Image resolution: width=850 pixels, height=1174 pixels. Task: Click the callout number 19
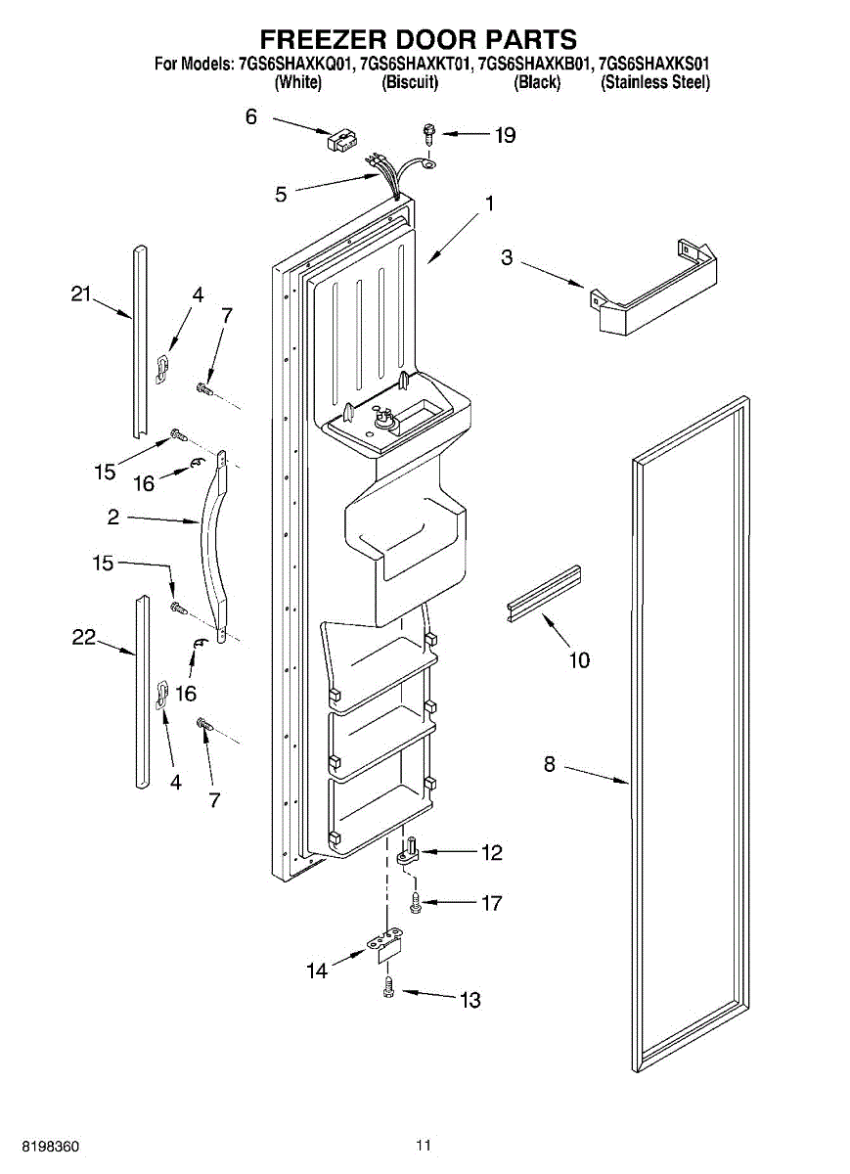505,136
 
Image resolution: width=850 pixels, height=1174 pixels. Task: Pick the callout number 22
84,637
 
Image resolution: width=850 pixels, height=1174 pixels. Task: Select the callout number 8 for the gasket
550,765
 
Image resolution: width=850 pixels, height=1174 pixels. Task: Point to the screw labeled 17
417,900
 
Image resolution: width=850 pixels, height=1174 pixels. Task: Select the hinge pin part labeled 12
409,851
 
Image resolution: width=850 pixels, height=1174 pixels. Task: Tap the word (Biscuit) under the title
409,83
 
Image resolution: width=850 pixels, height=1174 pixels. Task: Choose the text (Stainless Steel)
654,83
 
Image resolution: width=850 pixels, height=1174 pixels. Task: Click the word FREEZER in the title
323,39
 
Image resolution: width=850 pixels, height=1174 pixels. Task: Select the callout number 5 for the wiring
282,194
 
